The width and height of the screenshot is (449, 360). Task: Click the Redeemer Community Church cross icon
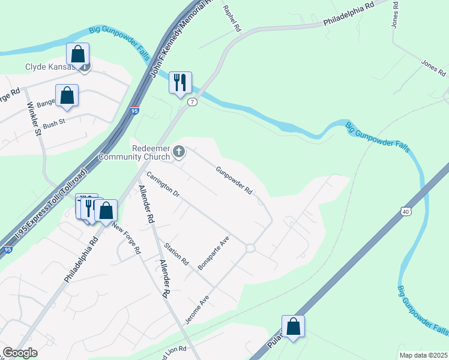(x=178, y=153)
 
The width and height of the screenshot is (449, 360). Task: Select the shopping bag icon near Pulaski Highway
(x=293, y=326)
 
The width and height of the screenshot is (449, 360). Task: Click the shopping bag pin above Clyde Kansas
(x=78, y=54)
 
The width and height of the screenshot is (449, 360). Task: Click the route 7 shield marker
(x=192, y=102)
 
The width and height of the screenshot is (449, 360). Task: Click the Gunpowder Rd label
(x=235, y=179)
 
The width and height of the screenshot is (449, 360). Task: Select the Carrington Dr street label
(x=163, y=185)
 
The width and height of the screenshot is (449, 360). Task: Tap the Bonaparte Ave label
(x=214, y=251)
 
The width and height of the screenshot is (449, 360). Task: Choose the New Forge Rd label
(x=125, y=238)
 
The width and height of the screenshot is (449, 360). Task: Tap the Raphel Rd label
(x=232, y=18)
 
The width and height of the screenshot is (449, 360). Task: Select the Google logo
(x=20, y=353)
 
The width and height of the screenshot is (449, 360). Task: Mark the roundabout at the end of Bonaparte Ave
(x=250, y=248)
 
